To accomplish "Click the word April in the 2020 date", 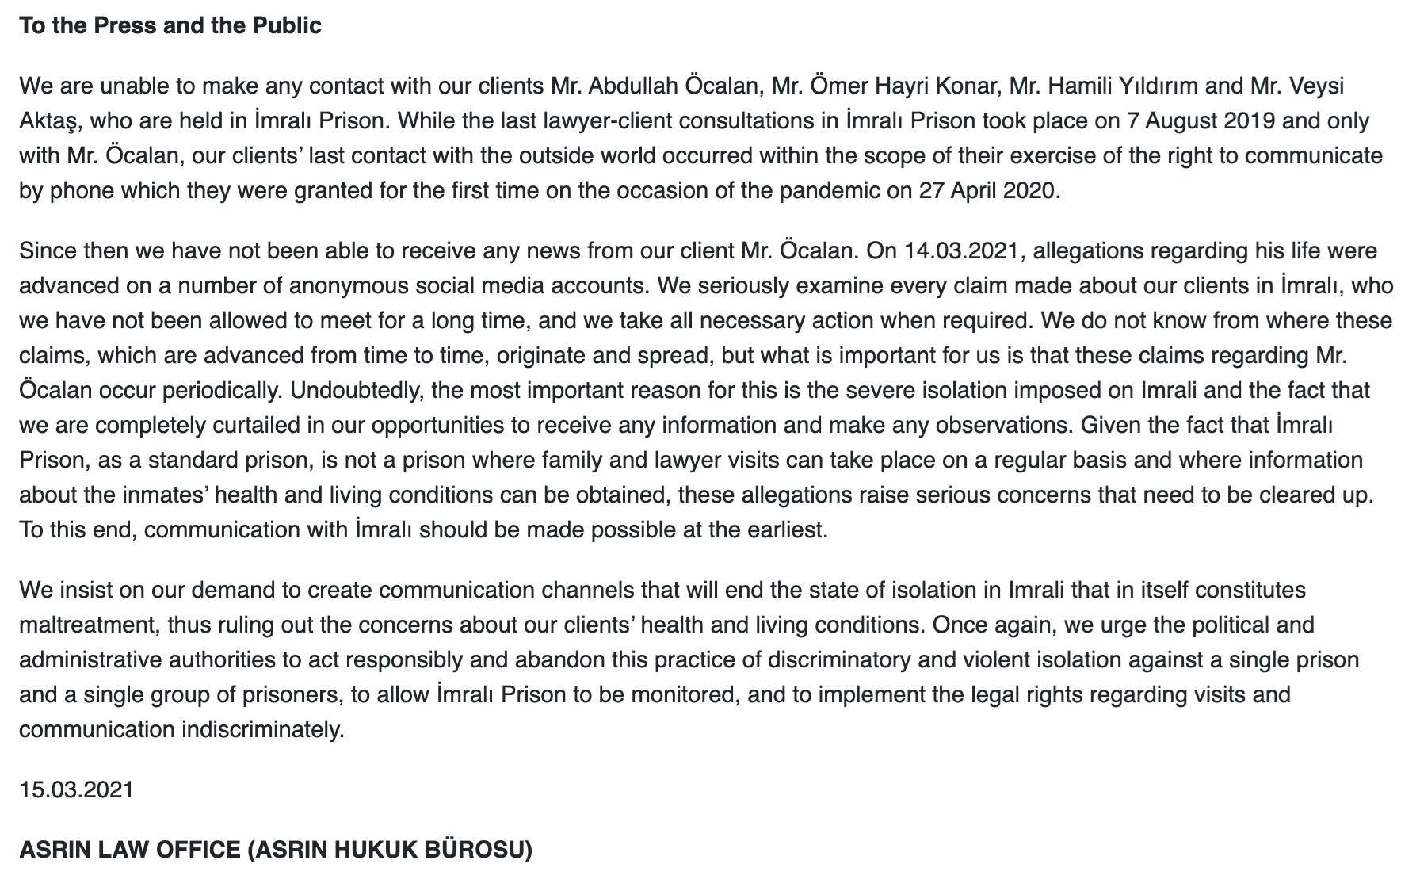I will (x=971, y=190).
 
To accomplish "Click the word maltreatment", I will (x=86, y=625).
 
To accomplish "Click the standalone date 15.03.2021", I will (x=76, y=789).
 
